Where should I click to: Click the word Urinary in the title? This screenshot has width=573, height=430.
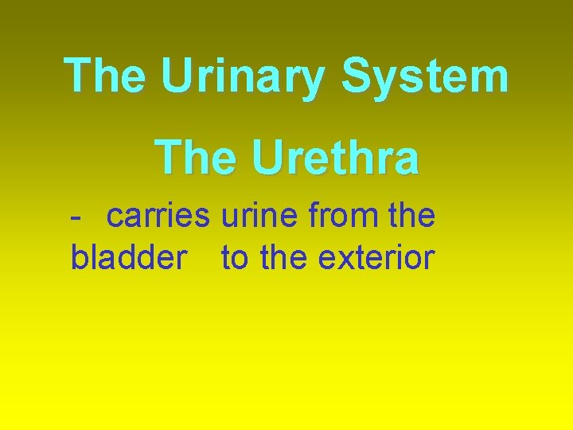(x=243, y=76)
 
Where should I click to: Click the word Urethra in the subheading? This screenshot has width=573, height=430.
(x=335, y=157)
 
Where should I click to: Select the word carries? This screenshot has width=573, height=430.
(x=158, y=216)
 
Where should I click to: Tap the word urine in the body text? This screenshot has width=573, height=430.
(x=254, y=216)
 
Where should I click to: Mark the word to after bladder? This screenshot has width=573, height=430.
(x=234, y=258)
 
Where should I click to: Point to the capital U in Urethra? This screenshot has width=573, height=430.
(x=269, y=157)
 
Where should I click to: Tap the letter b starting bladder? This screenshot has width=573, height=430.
(x=79, y=258)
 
